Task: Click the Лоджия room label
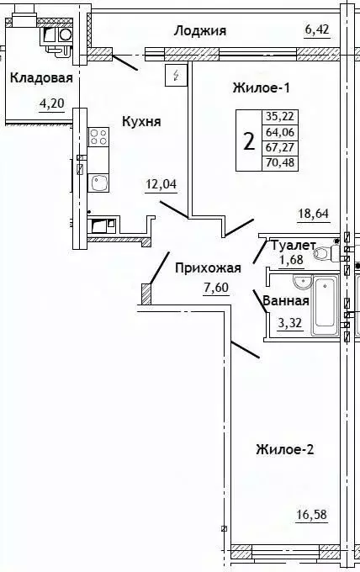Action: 200,31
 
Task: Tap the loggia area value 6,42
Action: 318,31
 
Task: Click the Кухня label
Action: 140,121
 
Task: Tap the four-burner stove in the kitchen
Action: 97,136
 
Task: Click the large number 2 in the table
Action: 248,140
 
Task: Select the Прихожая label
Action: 208,269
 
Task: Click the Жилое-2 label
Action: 284,450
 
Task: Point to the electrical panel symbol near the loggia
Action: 176,76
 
